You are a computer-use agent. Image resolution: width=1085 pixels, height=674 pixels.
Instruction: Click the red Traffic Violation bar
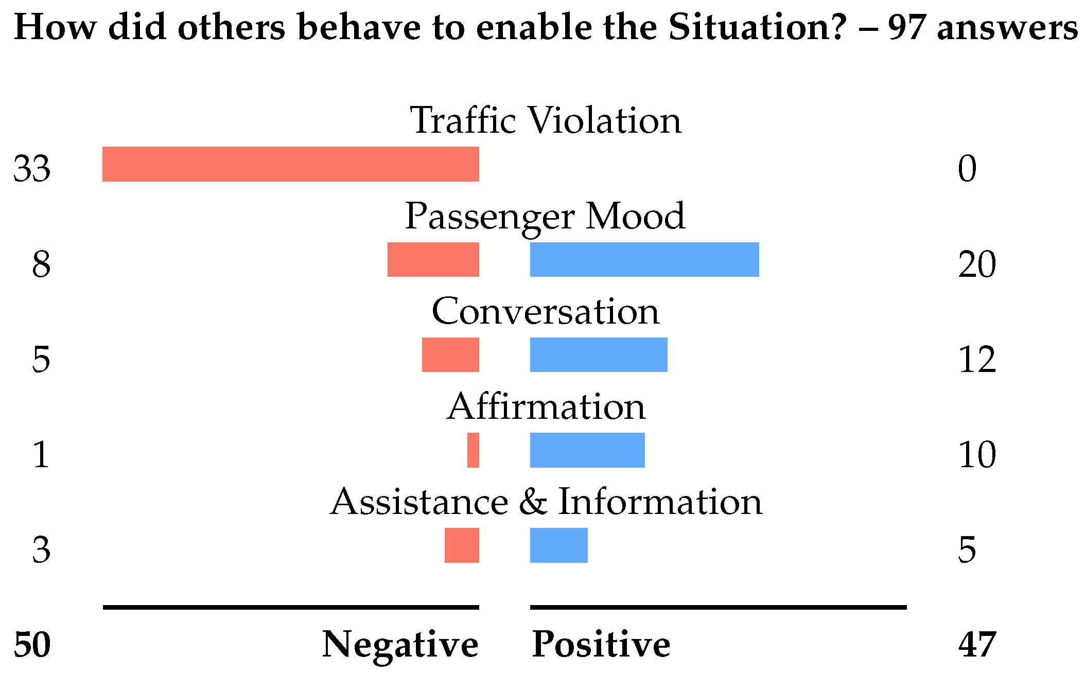[291, 164]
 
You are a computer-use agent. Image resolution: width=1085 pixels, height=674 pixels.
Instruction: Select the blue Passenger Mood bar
[644, 259]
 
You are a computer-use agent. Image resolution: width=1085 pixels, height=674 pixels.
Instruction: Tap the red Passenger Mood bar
[433, 259]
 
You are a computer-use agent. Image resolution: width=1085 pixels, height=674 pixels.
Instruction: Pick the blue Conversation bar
[599, 354]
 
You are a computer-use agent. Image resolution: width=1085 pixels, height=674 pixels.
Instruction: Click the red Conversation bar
[450, 354]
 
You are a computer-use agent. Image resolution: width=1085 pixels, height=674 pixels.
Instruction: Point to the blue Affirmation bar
[587, 450]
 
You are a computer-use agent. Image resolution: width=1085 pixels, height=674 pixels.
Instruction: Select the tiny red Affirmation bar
[473, 450]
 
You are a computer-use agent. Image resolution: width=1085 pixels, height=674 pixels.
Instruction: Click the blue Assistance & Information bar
[559, 545]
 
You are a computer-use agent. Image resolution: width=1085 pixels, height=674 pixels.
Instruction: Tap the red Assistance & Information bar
[462, 545]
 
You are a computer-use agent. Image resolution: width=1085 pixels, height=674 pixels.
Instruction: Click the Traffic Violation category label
[546, 120]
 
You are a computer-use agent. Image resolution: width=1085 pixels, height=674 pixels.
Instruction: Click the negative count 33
[32, 168]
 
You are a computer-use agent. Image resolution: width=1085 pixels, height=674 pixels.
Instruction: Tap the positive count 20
[977, 264]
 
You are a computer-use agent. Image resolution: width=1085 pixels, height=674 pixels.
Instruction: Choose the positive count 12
[977, 360]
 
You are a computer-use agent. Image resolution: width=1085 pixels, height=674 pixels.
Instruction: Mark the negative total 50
[32, 645]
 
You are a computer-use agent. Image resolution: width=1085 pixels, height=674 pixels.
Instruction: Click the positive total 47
[977, 645]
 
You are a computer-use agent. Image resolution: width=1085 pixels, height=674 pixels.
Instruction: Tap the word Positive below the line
[601, 644]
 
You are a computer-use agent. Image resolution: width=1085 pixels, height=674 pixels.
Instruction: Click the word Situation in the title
[757, 27]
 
